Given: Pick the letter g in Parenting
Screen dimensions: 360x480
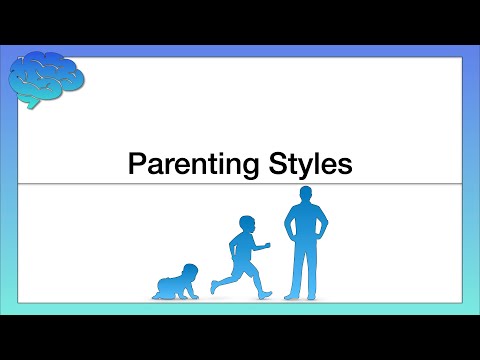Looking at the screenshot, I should (241, 167).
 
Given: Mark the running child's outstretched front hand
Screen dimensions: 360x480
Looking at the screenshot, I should (268, 245).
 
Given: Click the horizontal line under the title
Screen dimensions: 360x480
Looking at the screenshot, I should (240, 185).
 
